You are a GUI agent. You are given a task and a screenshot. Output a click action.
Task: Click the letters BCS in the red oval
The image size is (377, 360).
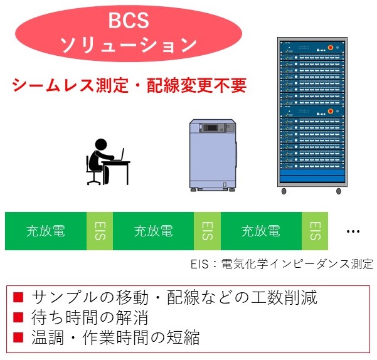pos(129,21)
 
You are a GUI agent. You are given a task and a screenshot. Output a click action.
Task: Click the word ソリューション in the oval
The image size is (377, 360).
pos(128,45)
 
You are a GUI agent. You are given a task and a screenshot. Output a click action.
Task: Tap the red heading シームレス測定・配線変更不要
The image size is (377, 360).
pos(129,85)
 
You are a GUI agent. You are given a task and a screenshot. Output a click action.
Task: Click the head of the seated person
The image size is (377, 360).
pos(101,145)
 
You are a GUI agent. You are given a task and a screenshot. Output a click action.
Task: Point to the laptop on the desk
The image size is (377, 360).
pos(119,155)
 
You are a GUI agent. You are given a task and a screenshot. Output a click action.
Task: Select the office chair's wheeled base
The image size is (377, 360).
pos(93,181)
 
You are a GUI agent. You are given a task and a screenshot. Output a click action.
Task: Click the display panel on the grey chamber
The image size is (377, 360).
pos(211,128)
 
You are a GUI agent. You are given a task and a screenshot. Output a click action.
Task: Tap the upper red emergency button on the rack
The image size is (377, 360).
pos(331,47)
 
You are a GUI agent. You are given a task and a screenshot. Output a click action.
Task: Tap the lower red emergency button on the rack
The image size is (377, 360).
pos(331,111)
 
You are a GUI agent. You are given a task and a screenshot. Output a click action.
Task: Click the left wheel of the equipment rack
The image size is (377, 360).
pos(284,191)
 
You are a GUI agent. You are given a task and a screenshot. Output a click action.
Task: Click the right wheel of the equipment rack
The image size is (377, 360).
pos(339,191)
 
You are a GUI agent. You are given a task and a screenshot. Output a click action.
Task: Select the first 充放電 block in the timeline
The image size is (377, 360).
pos(46,231)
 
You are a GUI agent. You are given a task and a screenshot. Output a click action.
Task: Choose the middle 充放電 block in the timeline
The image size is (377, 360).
pos(154,231)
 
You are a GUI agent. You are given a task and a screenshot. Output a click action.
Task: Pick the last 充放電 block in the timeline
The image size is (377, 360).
pos(261,231)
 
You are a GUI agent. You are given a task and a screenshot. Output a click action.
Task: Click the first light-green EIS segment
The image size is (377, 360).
pos(100,231)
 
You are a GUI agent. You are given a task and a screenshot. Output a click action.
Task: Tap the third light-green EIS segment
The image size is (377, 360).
pos(315,231)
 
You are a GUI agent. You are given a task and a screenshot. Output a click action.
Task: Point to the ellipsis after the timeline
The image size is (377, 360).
pos(353,231)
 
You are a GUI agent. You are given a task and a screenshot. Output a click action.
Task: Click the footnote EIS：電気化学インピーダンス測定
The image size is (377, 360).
pos(282,264)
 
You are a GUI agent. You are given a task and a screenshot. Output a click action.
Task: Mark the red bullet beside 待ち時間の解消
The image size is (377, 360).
pos(18,317)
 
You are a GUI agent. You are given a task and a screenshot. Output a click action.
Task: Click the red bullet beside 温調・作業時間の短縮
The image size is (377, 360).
pos(18,337)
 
